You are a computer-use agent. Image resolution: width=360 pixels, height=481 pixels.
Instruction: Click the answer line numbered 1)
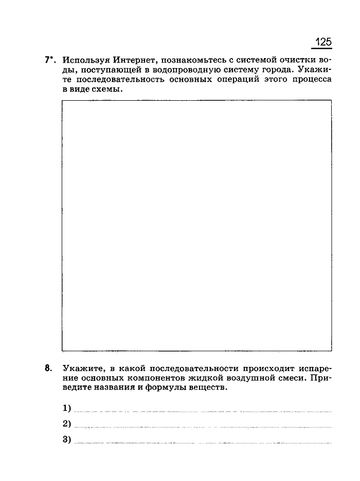tap(203, 410)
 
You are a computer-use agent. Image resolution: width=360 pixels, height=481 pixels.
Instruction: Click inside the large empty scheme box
tap(196, 225)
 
